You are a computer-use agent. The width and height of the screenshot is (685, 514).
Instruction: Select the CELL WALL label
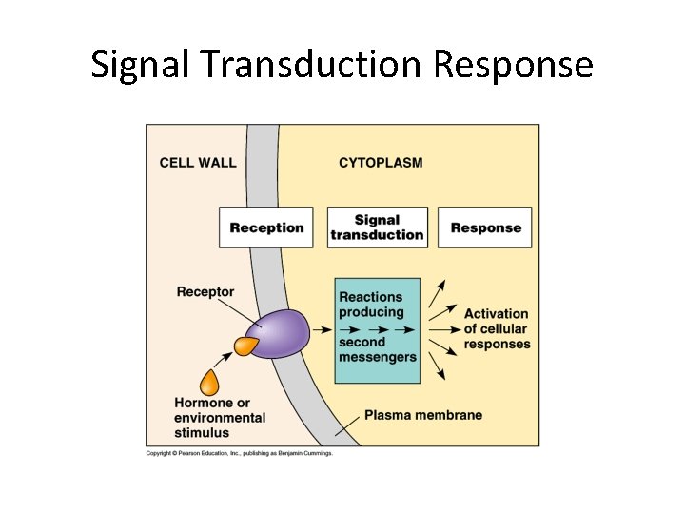[198, 163]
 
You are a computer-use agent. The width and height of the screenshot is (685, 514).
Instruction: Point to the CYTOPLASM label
[381, 163]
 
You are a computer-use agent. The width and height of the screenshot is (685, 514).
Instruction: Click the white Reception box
[266, 227]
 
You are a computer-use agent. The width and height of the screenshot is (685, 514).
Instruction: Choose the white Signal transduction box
[377, 227]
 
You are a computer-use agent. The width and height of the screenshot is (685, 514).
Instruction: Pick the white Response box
[485, 227]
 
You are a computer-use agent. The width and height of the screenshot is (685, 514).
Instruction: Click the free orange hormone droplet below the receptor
[209, 383]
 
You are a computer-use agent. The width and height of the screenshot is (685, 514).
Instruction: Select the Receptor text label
[205, 291]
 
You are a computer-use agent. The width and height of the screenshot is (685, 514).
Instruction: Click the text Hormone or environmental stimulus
[219, 417]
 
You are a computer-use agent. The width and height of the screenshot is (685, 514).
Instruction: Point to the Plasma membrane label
[423, 415]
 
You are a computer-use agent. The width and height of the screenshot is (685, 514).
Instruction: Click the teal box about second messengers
[377, 330]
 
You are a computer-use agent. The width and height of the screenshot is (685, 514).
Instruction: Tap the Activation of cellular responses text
[496, 328]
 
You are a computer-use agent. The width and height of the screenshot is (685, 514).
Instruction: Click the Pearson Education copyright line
[239, 453]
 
